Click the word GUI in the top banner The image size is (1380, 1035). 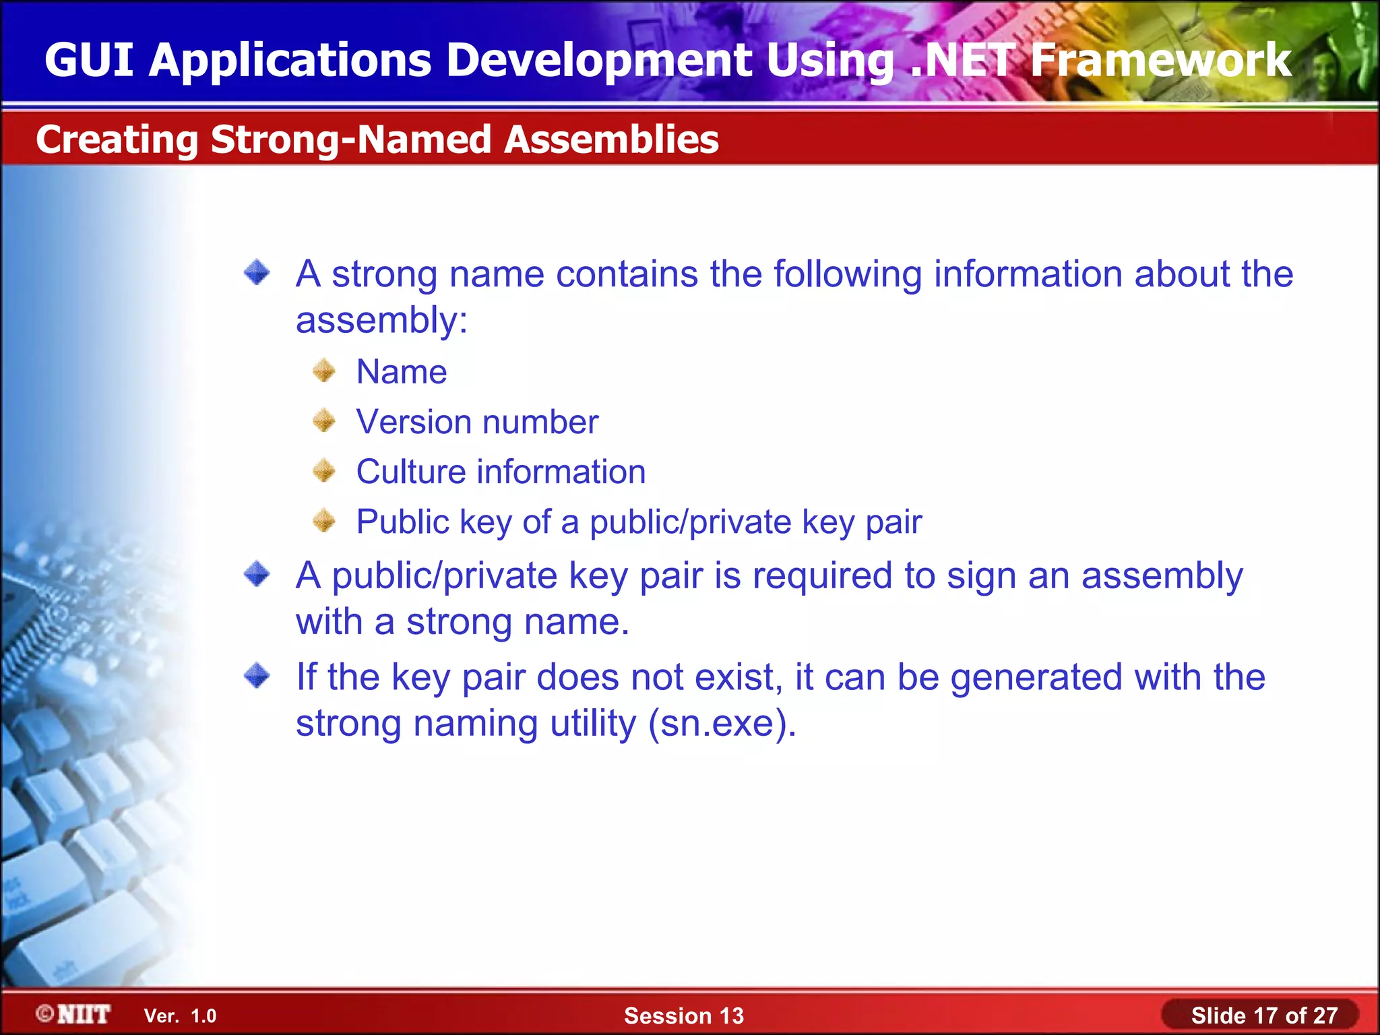(89, 60)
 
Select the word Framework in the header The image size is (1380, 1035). (1160, 60)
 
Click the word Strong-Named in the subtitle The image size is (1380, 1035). (350, 140)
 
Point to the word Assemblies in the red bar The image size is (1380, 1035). (612, 139)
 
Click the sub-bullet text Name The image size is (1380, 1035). (402, 372)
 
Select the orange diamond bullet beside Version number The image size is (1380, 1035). (324, 421)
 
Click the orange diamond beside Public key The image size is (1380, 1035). (324, 521)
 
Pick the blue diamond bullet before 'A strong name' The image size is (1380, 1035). (257, 273)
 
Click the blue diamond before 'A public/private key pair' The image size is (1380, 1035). (257, 575)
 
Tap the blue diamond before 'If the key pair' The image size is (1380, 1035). (257, 675)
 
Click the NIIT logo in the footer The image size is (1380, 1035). (74, 1014)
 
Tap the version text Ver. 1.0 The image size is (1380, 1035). (180, 1016)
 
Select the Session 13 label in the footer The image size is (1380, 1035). (683, 1015)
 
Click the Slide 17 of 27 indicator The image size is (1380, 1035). (1263, 1015)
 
